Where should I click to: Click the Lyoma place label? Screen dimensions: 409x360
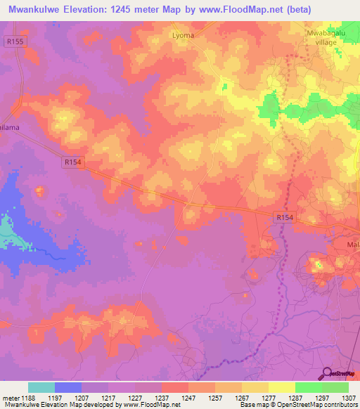pyautogui.click(x=183, y=34)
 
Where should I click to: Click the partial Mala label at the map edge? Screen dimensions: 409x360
pyautogui.click(x=353, y=245)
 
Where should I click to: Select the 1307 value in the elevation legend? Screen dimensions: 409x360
pyautogui.click(x=347, y=397)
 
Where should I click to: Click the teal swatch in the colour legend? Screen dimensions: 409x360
pyautogui.click(x=41, y=387)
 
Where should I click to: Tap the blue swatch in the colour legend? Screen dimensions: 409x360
pyautogui.click(x=68, y=387)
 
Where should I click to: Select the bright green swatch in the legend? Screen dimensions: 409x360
pyautogui.click(x=309, y=387)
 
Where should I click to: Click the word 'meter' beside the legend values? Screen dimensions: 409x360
pyautogui.click(x=11, y=397)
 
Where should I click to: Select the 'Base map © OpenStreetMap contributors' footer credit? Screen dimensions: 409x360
pyautogui.click(x=297, y=405)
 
